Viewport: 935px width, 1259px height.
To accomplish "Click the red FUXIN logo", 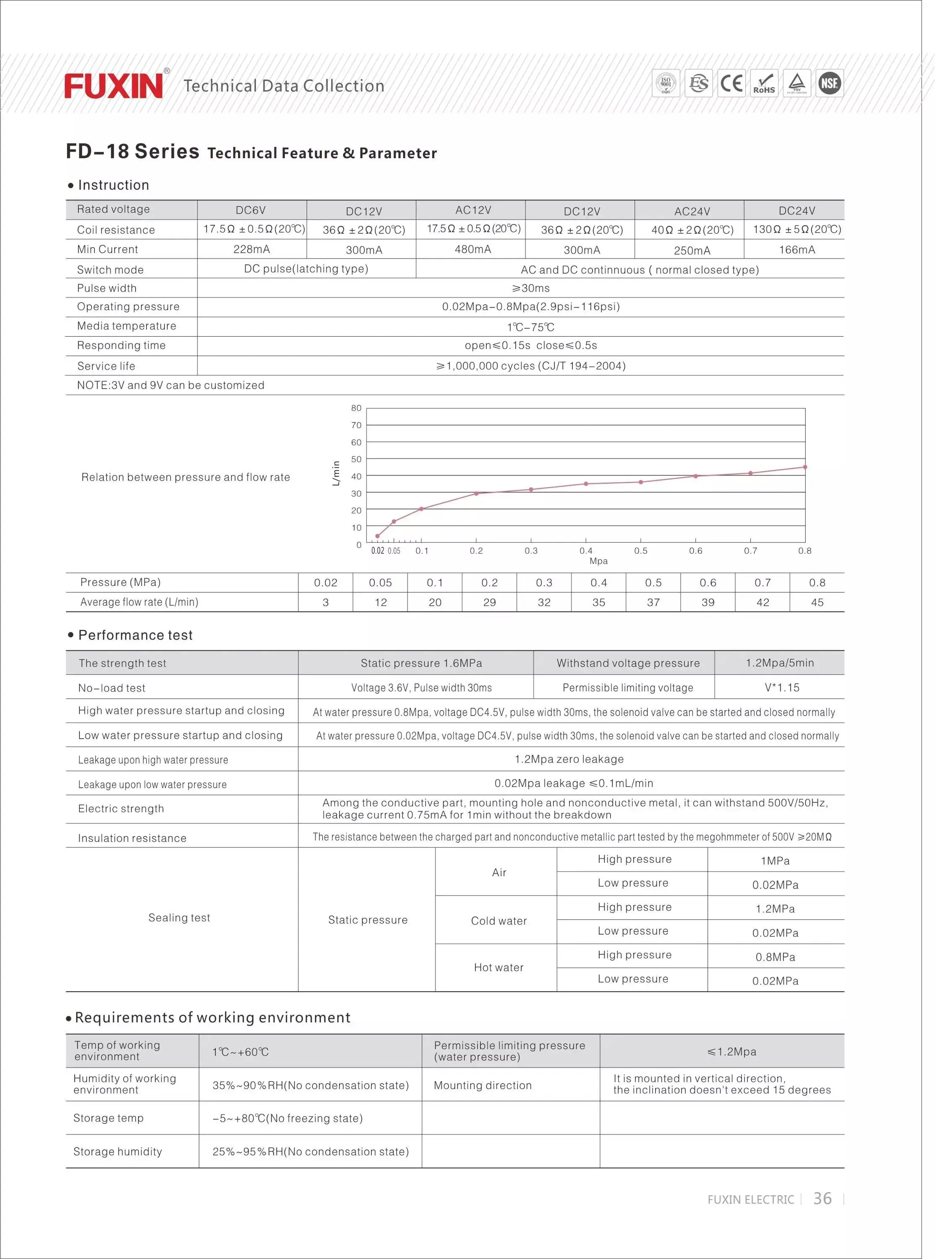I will (113, 86).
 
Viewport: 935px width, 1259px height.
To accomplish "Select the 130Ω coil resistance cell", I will (797, 230).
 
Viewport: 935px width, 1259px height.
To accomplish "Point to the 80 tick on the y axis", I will (356, 408).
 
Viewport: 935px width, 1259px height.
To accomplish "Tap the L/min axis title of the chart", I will (336, 473).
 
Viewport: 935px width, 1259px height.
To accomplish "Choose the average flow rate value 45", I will (817, 603).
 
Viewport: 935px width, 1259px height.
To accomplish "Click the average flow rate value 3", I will (325, 603).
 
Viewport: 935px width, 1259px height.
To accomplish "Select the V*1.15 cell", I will (782, 687).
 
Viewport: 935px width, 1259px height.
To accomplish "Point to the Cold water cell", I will (499, 921).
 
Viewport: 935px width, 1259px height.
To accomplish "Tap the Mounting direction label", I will (482, 1085).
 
